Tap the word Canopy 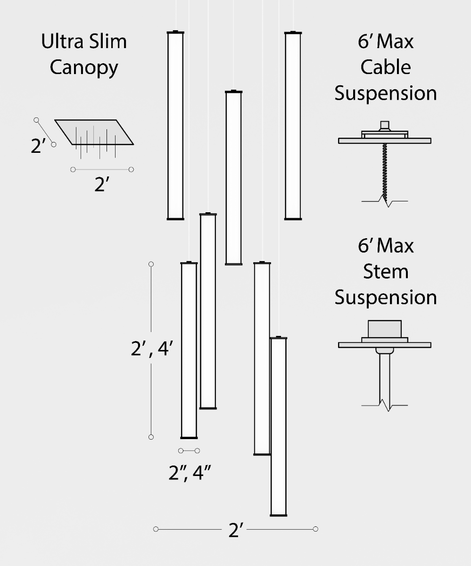84,68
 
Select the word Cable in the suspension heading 385,67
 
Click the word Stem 385,271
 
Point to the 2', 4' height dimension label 152,349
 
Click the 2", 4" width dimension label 190,473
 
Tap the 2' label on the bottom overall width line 236,530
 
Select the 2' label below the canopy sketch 102,184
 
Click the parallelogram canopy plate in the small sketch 94,132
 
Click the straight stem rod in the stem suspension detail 385,380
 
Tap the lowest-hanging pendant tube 279,426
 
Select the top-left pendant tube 175,125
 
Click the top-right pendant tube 293,125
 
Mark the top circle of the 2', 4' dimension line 151,264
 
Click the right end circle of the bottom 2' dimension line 315,529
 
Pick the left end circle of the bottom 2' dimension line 156,529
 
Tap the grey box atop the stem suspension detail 385,329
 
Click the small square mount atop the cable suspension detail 385,125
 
